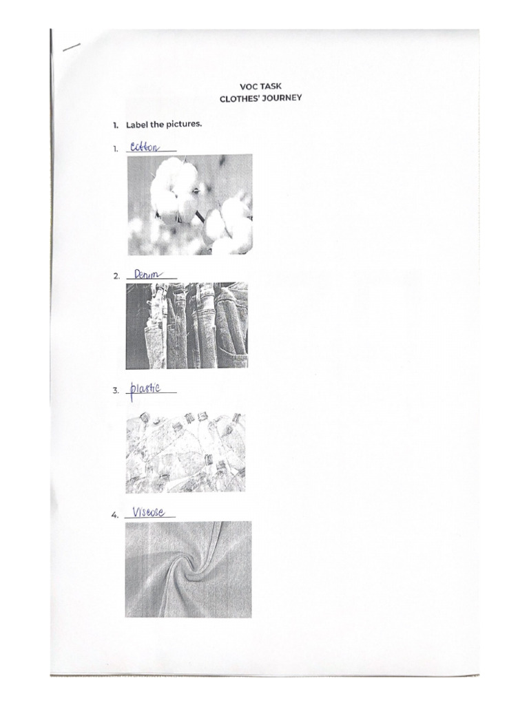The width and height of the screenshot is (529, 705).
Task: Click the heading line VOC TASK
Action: click(x=260, y=86)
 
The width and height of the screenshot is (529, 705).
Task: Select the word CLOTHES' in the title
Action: click(x=238, y=98)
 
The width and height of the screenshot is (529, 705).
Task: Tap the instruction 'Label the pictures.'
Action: click(x=163, y=125)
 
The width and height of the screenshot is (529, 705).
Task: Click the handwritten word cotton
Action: click(x=144, y=147)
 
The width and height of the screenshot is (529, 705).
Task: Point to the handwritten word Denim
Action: click(x=145, y=274)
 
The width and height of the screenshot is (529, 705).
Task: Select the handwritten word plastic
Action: click(x=145, y=389)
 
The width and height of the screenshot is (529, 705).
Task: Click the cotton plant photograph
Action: click(x=189, y=204)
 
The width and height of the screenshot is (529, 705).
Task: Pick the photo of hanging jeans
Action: click(x=187, y=326)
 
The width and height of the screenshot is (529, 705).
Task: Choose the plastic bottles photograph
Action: click(x=185, y=452)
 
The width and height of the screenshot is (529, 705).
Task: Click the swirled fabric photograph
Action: click(x=188, y=569)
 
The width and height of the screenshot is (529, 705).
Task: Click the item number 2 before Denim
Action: click(x=116, y=276)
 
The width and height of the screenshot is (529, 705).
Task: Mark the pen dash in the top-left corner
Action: click(x=71, y=48)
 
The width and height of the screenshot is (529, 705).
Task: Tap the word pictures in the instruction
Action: click(x=184, y=125)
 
